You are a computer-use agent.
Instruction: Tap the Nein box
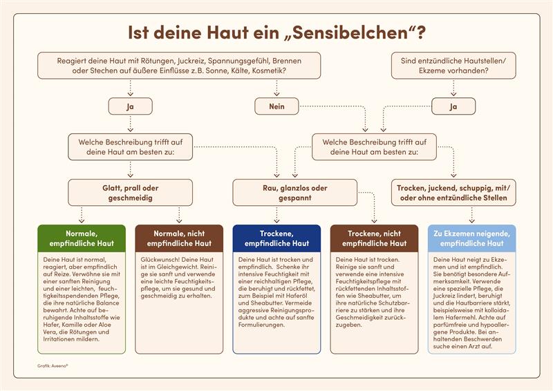pyautogui.click(x=276, y=106)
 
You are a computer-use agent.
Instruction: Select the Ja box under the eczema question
pyautogui.click(x=453, y=106)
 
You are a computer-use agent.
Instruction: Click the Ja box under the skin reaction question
pyautogui.click(x=130, y=106)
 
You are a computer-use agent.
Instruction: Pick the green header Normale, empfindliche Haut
pyautogui.click(x=82, y=238)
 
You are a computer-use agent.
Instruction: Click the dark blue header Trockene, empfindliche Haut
pyautogui.click(x=276, y=238)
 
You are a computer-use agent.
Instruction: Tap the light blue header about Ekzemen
pyautogui.click(x=471, y=238)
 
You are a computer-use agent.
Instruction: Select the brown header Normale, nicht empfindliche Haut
pyautogui.click(x=179, y=238)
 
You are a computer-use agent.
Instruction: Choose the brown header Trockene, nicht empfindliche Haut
pyautogui.click(x=374, y=238)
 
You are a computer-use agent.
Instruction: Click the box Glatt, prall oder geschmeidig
pyautogui.click(x=130, y=193)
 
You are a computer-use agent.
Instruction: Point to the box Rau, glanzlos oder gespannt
pyautogui.click(x=295, y=193)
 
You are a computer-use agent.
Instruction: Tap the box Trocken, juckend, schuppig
pyautogui.click(x=453, y=193)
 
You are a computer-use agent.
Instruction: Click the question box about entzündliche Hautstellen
pyautogui.click(x=453, y=66)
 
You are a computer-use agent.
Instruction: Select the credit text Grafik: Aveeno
pyautogui.click(x=53, y=366)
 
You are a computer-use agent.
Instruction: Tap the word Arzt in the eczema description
pyautogui.click(x=480, y=346)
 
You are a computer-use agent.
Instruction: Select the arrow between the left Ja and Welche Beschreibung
pyautogui.click(x=130, y=124)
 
